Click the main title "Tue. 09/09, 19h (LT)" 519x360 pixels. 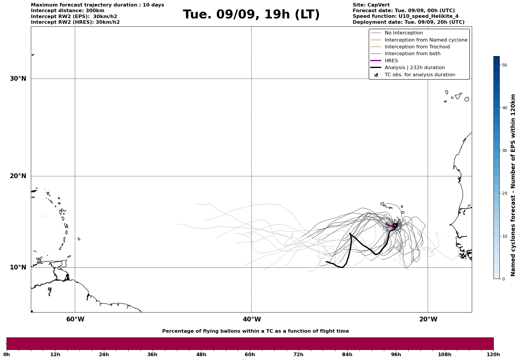point(251,15)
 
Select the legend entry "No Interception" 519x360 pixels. point(404,33)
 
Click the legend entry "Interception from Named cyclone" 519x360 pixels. point(426,40)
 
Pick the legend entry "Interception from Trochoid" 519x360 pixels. point(417,47)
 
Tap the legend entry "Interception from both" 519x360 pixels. point(412,54)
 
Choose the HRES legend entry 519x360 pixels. point(391,61)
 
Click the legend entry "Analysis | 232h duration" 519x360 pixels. point(414,68)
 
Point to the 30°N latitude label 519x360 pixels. point(18,79)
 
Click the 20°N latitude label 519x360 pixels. point(18,176)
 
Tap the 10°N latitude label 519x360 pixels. point(18,267)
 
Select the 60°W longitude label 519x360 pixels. point(75,319)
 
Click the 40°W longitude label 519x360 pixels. point(252,319)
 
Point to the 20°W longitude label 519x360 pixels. point(428,319)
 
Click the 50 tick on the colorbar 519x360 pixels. point(504,65)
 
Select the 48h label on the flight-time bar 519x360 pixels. point(201,355)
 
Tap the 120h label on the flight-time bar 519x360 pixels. point(493,355)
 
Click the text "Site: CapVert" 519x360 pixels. point(371,5)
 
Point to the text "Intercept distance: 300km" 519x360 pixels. point(67,11)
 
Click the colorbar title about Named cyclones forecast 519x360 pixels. point(513,185)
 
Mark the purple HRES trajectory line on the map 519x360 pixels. point(390,226)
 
